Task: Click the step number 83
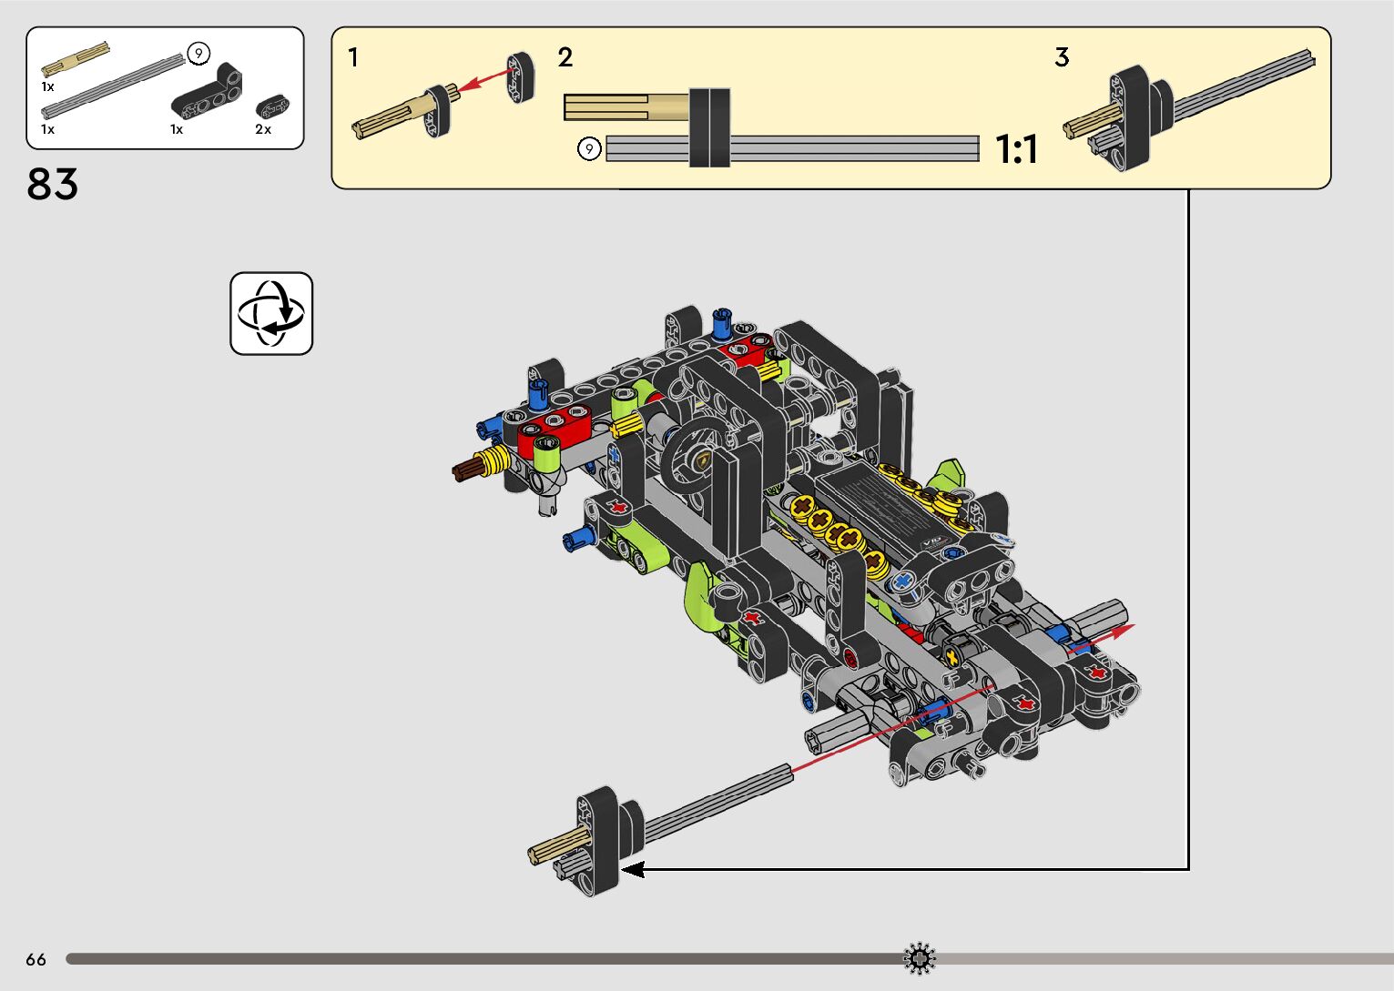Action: click(x=52, y=184)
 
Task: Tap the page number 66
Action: click(x=36, y=959)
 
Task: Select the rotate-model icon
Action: click(x=271, y=314)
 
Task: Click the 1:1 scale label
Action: click(x=1016, y=149)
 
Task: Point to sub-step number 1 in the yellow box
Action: click(x=353, y=57)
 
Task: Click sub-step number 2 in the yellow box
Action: click(x=565, y=57)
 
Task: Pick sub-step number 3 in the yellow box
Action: click(x=1062, y=57)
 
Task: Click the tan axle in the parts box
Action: click(x=76, y=59)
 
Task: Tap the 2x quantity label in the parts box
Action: click(x=263, y=129)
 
